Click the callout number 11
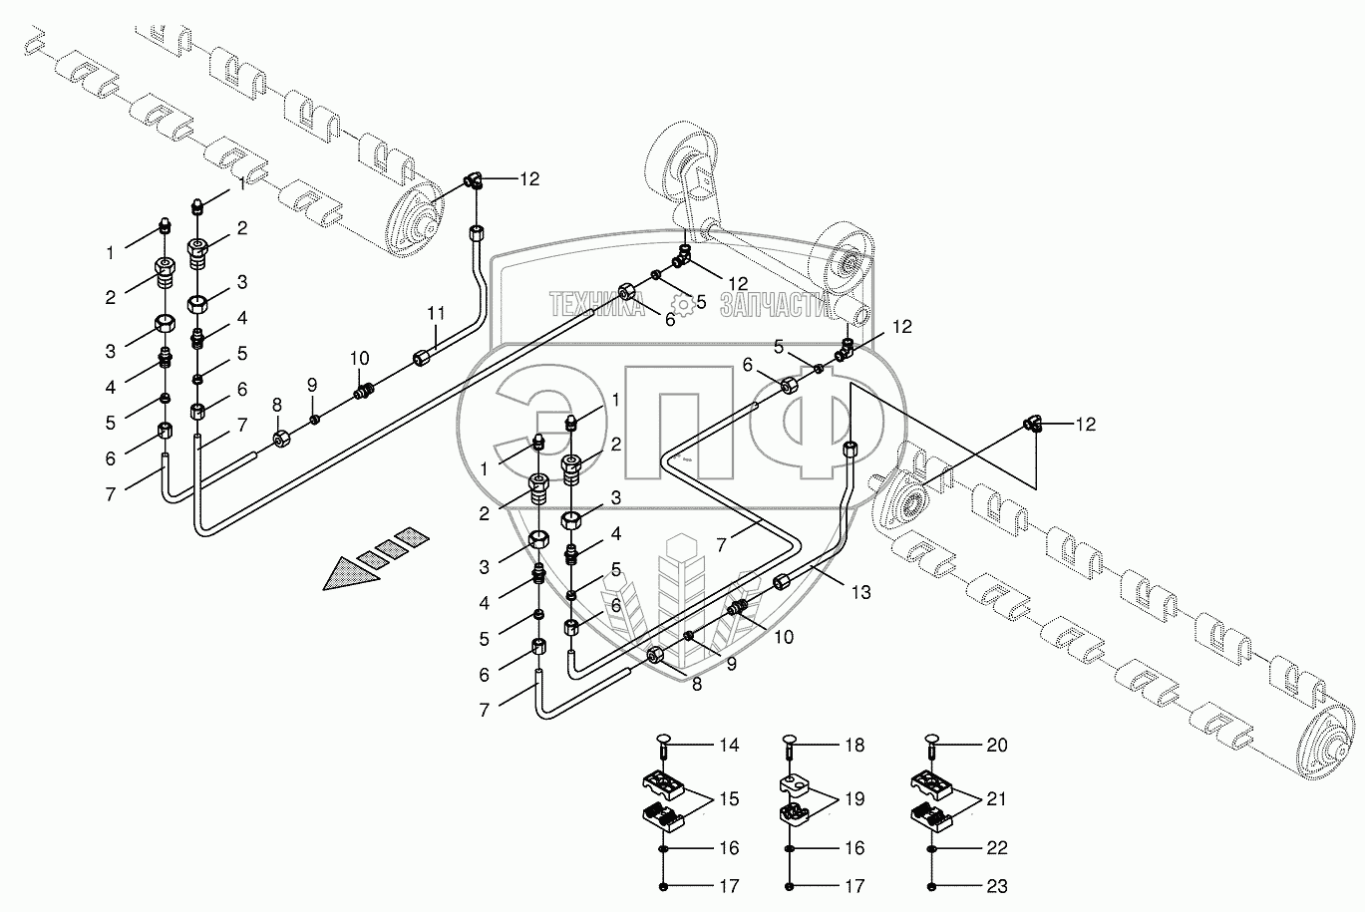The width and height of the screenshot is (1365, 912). click(x=435, y=313)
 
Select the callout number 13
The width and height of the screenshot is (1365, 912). click(x=861, y=592)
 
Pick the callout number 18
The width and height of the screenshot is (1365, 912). click(x=853, y=745)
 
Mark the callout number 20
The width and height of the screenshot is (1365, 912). click(x=997, y=745)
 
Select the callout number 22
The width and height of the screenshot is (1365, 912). click(x=997, y=848)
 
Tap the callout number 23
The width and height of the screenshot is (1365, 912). click(x=997, y=886)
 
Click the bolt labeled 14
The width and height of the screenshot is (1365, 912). click(x=665, y=745)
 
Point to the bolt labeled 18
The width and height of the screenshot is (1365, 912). click(x=790, y=745)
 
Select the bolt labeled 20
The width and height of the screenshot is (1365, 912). click(x=931, y=745)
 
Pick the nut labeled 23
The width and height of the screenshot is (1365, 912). click(x=931, y=886)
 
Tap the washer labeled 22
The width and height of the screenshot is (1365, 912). click(x=931, y=848)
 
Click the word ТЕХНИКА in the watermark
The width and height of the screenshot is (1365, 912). click(x=595, y=303)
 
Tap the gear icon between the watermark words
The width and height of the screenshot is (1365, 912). click(x=681, y=303)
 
